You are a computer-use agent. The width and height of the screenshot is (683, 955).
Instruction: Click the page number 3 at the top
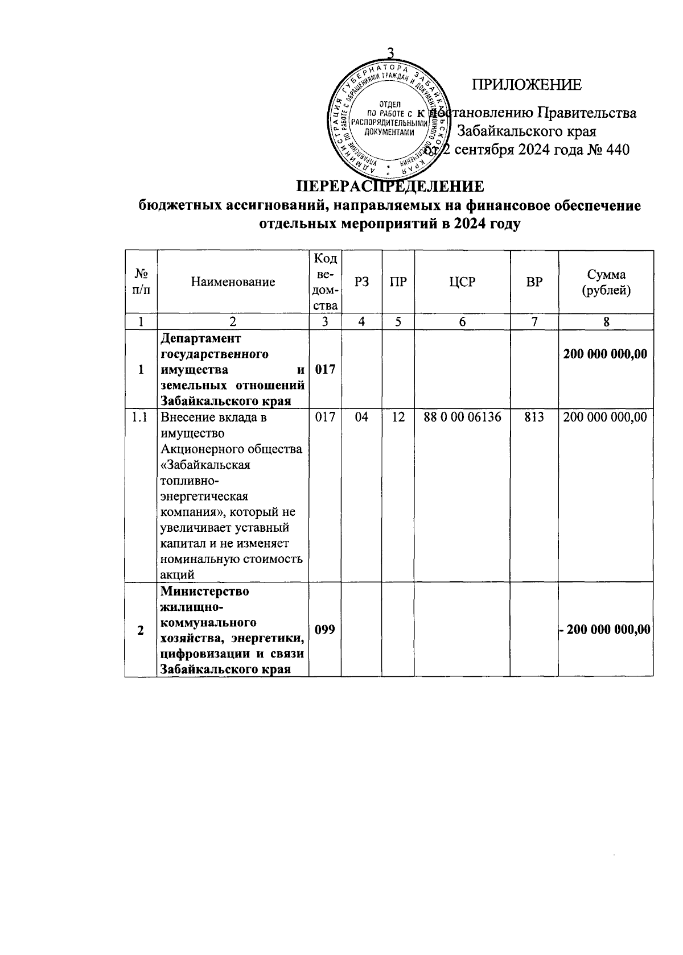tap(390, 53)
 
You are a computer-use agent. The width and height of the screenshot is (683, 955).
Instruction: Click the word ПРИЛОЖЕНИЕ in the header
tap(526, 85)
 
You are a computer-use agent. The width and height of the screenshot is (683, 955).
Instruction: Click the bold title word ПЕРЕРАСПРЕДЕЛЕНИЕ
tap(390, 187)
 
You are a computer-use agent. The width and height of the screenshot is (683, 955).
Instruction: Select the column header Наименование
tap(233, 282)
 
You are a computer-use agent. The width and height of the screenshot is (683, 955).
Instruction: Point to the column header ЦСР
tap(462, 282)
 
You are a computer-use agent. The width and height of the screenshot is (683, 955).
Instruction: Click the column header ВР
tap(534, 282)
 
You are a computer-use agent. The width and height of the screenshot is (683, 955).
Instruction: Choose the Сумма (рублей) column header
tap(606, 282)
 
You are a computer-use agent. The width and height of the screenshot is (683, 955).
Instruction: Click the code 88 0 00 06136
tap(462, 417)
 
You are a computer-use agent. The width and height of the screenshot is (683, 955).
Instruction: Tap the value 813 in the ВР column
tap(534, 417)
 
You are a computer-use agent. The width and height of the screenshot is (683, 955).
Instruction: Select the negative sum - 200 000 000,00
tap(606, 630)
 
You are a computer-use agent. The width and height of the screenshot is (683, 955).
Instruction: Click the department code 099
tap(324, 630)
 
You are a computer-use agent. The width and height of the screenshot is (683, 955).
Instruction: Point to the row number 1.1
tap(140, 417)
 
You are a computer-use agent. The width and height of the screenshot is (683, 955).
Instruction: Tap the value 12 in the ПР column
tap(398, 417)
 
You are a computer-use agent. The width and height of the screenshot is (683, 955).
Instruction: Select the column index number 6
tap(462, 322)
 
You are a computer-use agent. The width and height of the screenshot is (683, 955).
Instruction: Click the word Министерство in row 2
tap(205, 592)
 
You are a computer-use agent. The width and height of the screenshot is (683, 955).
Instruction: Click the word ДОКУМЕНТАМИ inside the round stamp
tap(389, 131)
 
